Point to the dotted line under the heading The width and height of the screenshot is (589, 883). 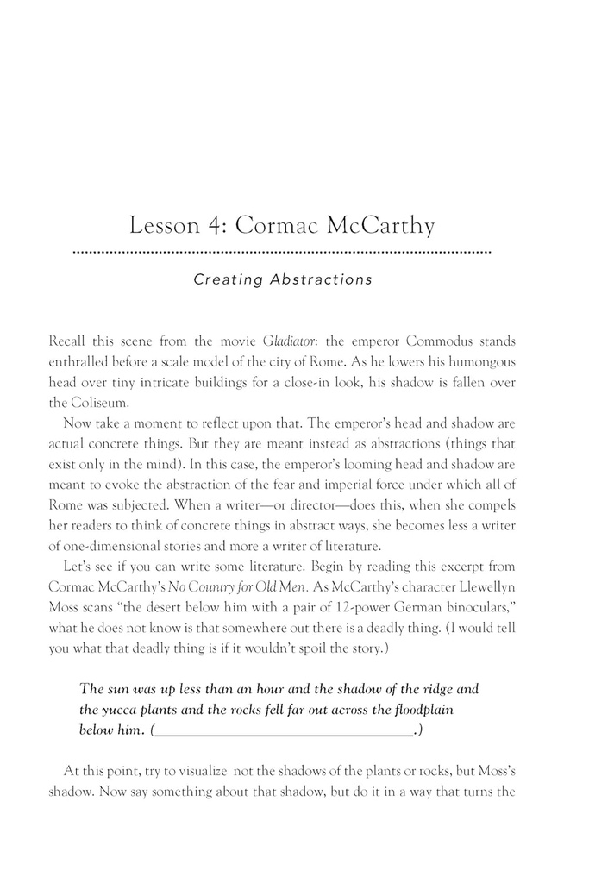tap(282, 253)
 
